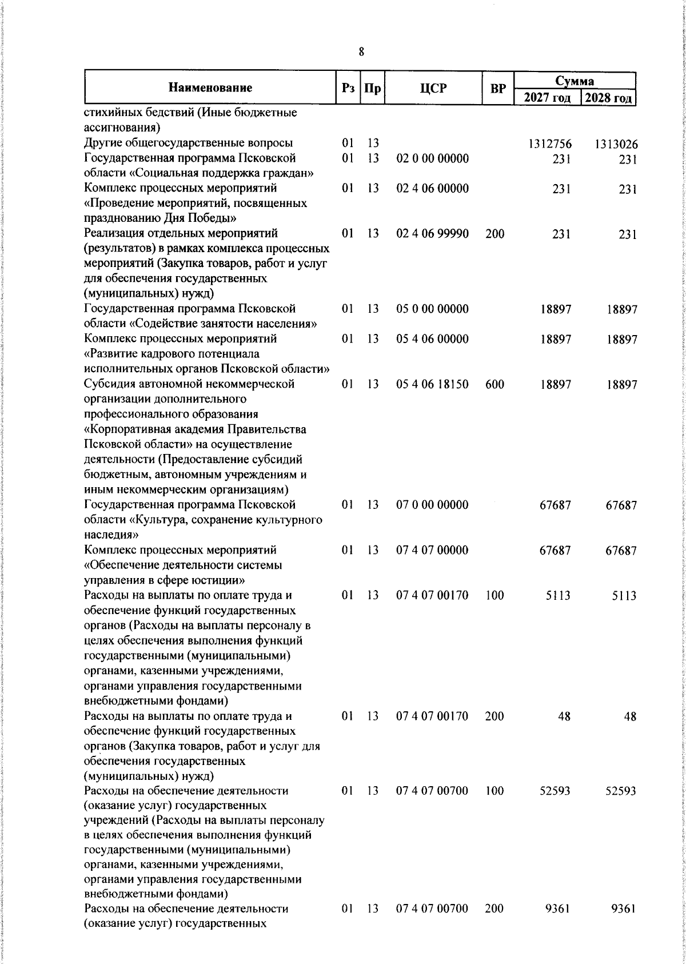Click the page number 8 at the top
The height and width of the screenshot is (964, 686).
click(x=361, y=52)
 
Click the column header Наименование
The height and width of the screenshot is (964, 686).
click(x=210, y=87)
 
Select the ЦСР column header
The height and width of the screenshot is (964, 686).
click(x=433, y=88)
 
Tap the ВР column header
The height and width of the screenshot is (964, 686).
click(x=498, y=88)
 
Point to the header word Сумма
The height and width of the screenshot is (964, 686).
click(x=575, y=81)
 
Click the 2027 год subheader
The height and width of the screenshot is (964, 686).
click(x=548, y=97)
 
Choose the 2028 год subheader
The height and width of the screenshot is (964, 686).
click(x=608, y=97)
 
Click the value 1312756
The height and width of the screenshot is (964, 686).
click(x=552, y=144)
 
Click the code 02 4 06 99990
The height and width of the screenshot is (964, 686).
click(x=432, y=233)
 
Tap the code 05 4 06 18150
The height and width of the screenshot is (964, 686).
click(x=432, y=384)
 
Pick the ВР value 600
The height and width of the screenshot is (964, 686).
click(x=494, y=384)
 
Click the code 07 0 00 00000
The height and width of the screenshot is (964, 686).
click(x=432, y=505)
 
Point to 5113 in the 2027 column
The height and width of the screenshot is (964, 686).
click(x=557, y=596)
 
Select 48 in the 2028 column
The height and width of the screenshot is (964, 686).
click(x=630, y=716)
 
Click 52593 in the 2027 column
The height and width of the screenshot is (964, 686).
click(x=555, y=791)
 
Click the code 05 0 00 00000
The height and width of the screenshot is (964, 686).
click(x=432, y=309)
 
